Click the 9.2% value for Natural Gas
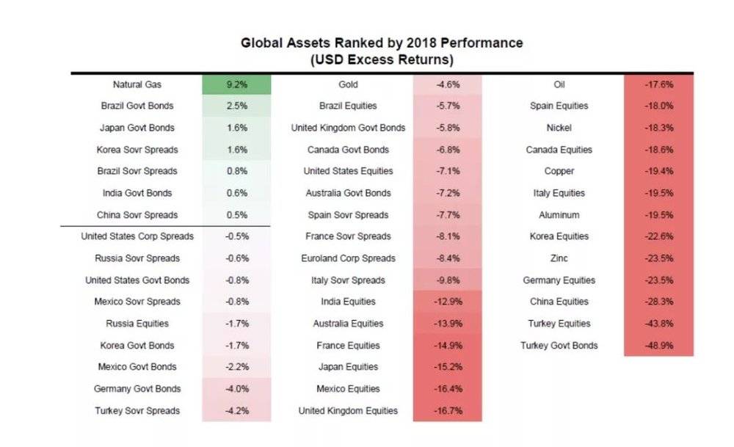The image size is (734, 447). click(x=237, y=84)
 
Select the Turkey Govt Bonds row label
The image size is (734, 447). click(x=559, y=346)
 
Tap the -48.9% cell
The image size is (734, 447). click(x=658, y=346)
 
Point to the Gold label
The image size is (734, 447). click(x=348, y=84)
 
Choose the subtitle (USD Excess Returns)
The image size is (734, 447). click(x=382, y=60)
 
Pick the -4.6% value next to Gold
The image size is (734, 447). click(x=448, y=84)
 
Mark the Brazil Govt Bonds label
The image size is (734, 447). click(x=137, y=106)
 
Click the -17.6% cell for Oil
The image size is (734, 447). click(x=658, y=84)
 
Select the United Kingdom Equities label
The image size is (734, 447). click(x=348, y=410)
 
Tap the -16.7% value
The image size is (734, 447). click(x=448, y=410)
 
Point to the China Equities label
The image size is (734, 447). click(x=559, y=302)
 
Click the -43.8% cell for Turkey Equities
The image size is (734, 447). click(x=658, y=324)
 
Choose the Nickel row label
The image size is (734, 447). click(x=559, y=128)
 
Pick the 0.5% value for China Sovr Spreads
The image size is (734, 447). click(x=237, y=215)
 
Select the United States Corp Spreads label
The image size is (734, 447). click(x=137, y=236)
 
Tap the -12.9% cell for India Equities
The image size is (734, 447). click(x=448, y=302)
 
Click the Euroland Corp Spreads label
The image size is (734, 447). click(x=348, y=258)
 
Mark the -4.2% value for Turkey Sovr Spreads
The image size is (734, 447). click(x=237, y=410)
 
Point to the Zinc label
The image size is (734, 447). click(x=559, y=258)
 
